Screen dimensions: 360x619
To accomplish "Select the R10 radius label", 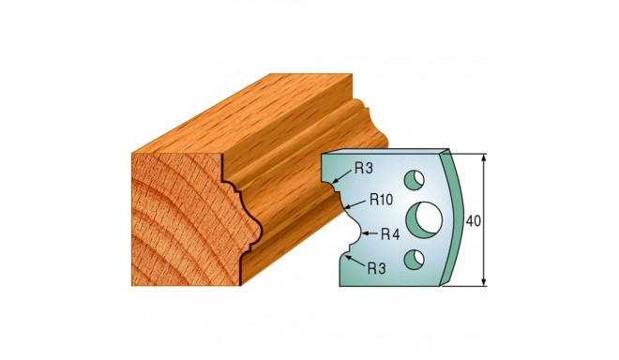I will pyautogui.click(x=380, y=199).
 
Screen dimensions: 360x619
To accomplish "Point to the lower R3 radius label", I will pyautogui.click(x=375, y=268).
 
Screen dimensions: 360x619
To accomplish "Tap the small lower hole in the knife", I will pyautogui.click(x=420, y=259).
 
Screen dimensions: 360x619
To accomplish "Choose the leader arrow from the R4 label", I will pyautogui.click(x=364, y=234).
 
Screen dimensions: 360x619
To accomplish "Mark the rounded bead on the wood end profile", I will pyautogui.click(x=249, y=229).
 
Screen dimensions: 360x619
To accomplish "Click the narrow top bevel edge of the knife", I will pyautogui.click(x=385, y=152).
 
